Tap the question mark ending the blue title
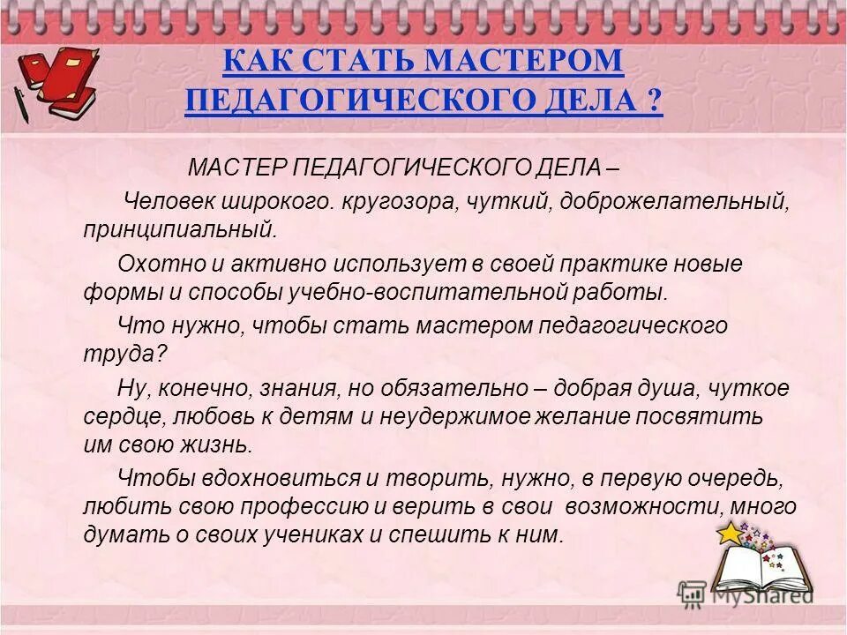[x=653, y=100]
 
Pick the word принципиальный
[x=181, y=230]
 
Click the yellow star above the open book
[x=729, y=534]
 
